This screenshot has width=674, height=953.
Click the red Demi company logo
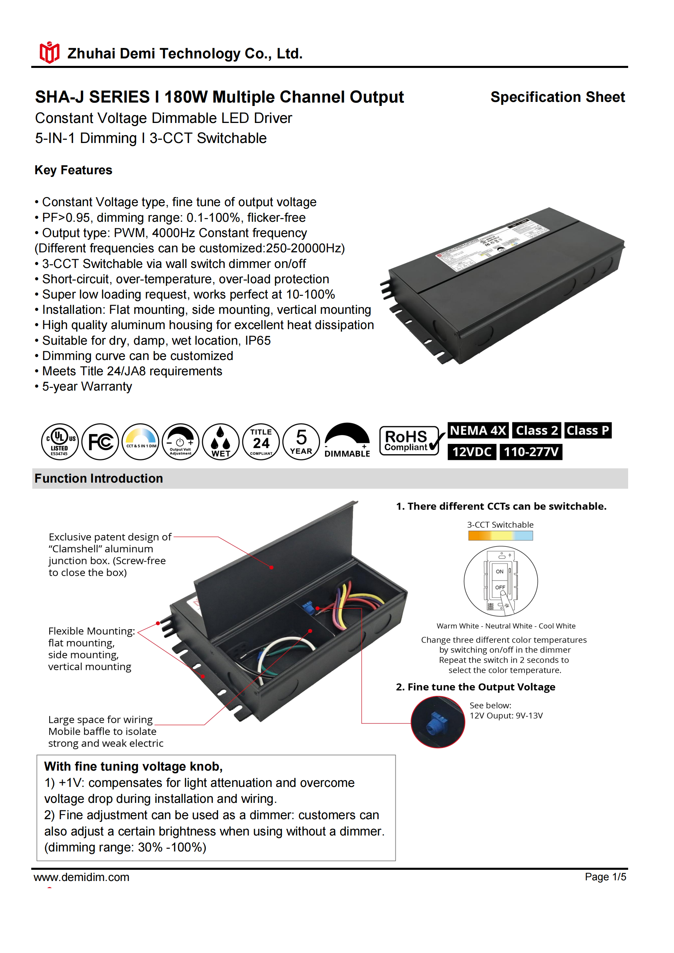tap(49, 53)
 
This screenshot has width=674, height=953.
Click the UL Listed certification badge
tap(60, 442)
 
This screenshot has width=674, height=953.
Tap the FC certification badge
tap(100, 442)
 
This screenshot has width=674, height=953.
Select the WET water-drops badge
tap(220, 442)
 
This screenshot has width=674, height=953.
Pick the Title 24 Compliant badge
tap(261, 442)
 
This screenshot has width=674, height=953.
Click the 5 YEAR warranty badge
tap(301, 442)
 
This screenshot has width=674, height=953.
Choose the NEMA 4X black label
tap(478, 430)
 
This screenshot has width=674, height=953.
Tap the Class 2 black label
tap(536, 430)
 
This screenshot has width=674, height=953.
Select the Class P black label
tap(588, 430)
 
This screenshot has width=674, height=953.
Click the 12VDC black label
tap(472, 452)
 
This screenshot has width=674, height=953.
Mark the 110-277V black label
tap(531, 452)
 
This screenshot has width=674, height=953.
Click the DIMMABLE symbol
tap(347, 441)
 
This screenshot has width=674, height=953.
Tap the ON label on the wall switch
tap(500, 572)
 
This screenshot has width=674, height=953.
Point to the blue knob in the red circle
tap(436, 722)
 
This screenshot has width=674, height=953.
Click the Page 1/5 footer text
tap(605, 877)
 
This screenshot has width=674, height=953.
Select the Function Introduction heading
tap(99, 479)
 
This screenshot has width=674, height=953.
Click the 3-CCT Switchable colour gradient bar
tap(500, 536)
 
